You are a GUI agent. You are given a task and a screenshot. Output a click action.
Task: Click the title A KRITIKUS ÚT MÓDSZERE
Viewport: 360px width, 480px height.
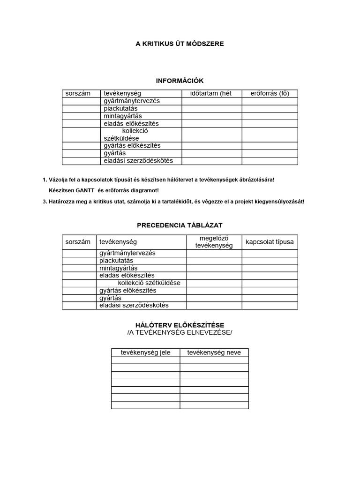tap(180, 44)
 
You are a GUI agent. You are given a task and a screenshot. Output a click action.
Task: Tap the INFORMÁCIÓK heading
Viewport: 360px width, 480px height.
tap(180, 81)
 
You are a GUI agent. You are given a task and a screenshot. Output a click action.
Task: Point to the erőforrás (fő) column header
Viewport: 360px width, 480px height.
tap(270, 94)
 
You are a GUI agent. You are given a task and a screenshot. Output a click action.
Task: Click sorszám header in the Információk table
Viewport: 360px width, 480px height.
tap(78, 94)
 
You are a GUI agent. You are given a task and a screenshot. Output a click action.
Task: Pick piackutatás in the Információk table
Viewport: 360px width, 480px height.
tap(120, 108)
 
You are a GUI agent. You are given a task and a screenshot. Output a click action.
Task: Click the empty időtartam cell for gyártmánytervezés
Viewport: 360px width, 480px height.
tap(212, 101)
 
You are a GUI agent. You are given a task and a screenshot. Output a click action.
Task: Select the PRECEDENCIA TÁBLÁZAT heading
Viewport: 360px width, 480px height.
tap(180, 225)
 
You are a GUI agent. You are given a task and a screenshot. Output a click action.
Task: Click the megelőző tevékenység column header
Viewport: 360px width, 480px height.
tap(214, 242)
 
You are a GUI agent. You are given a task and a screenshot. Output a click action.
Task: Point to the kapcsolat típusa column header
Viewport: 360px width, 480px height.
tap(270, 242)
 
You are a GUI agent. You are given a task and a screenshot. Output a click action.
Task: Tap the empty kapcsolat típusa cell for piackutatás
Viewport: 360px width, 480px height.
tap(270, 261)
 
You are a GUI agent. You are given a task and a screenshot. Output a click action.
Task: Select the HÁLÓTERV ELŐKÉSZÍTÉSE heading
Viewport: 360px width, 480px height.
tap(180, 325)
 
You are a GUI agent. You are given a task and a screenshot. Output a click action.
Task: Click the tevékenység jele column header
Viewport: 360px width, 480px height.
tap(145, 352)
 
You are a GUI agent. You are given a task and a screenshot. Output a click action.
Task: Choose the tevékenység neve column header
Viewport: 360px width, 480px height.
tap(214, 352)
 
